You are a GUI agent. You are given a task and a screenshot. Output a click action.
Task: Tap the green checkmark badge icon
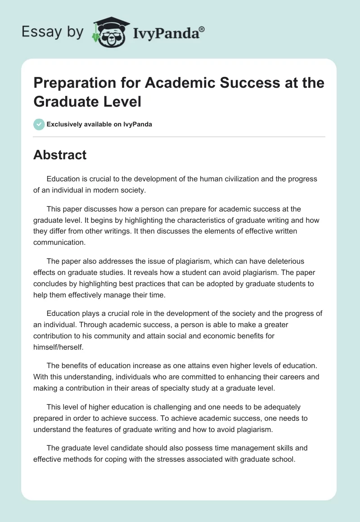[39, 124]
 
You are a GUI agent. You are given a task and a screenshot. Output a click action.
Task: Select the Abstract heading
[60, 155]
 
